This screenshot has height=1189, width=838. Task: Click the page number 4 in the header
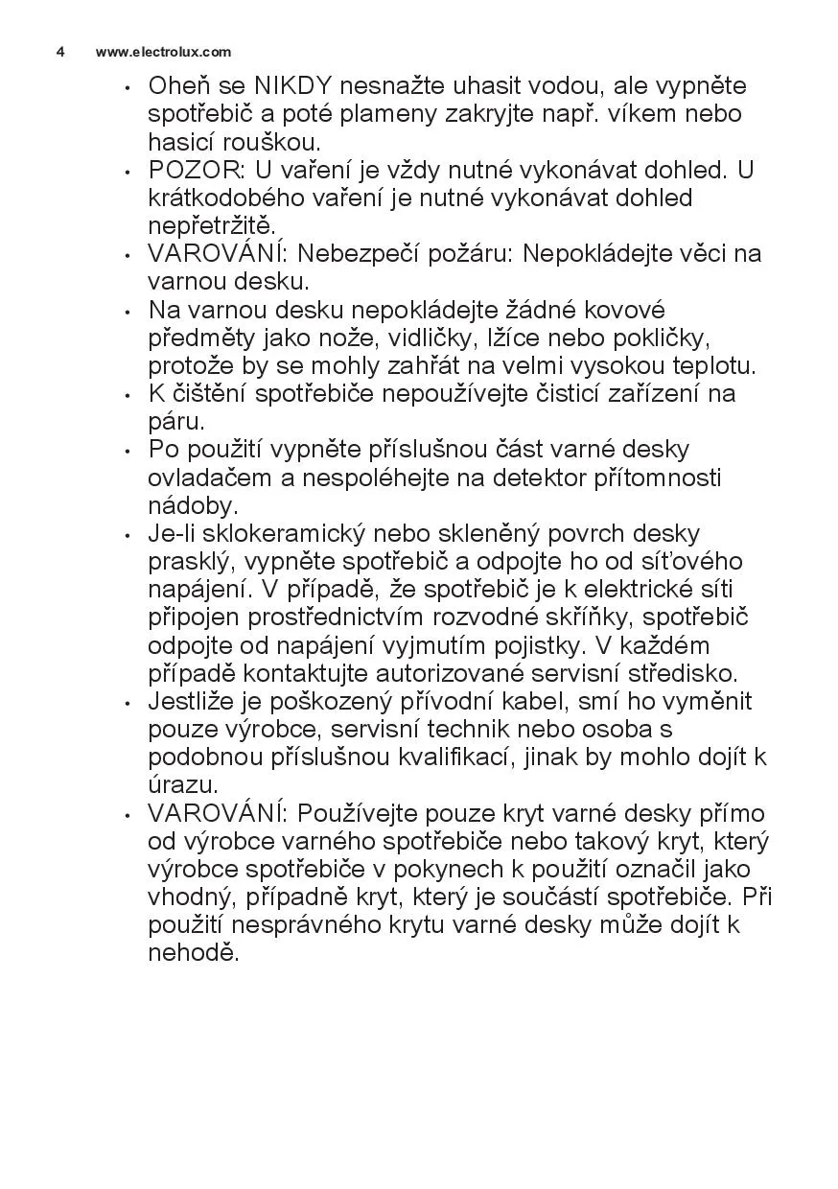pos(59,52)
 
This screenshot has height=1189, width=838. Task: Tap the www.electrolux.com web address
pos(163,52)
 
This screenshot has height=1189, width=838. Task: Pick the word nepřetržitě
pos(198,227)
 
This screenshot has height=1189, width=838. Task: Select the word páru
pos(175,422)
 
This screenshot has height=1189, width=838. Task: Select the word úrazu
pos(179,785)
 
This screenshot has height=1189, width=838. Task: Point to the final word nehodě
pos(191,953)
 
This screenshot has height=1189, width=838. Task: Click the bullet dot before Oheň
pos(127,87)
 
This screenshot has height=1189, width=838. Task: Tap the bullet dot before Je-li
pos(127,535)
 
